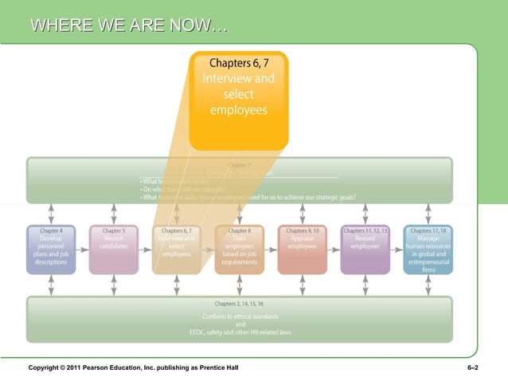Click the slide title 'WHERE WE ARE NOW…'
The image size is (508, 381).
click(x=128, y=28)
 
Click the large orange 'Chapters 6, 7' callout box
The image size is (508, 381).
click(x=238, y=99)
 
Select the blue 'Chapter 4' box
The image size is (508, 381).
click(x=51, y=249)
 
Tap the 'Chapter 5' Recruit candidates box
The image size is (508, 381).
click(x=114, y=249)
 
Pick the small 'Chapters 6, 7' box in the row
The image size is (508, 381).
click(x=176, y=249)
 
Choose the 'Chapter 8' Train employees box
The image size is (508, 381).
click(x=239, y=249)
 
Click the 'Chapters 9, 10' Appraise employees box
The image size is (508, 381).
click(x=302, y=249)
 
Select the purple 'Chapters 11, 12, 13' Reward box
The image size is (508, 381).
click(x=365, y=249)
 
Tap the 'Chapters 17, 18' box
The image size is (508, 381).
click(x=428, y=249)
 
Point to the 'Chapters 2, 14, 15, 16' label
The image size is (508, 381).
click(x=239, y=304)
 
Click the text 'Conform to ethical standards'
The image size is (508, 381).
click(x=239, y=316)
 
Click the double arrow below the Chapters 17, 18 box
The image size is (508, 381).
click(x=428, y=285)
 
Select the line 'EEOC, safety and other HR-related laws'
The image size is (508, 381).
click(x=239, y=332)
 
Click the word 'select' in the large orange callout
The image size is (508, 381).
click(x=238, y=95)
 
